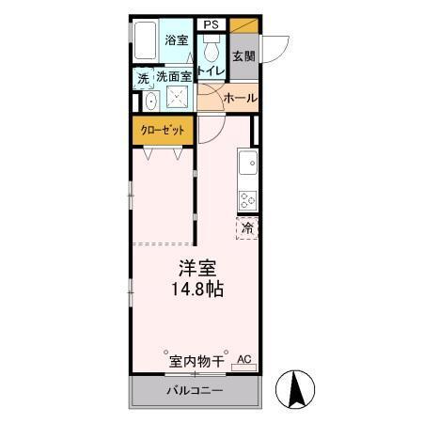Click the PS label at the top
(211, 24)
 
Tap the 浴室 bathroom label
(177, 40)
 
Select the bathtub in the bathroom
(144, 40)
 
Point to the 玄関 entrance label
(243, 56)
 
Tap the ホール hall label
(240, 97)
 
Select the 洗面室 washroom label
(174, 76)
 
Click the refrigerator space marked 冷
(248, 227)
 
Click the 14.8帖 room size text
(196, 290)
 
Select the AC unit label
(244, 359)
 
